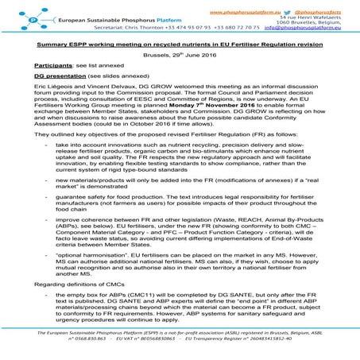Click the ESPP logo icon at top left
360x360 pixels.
coord(15,15)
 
